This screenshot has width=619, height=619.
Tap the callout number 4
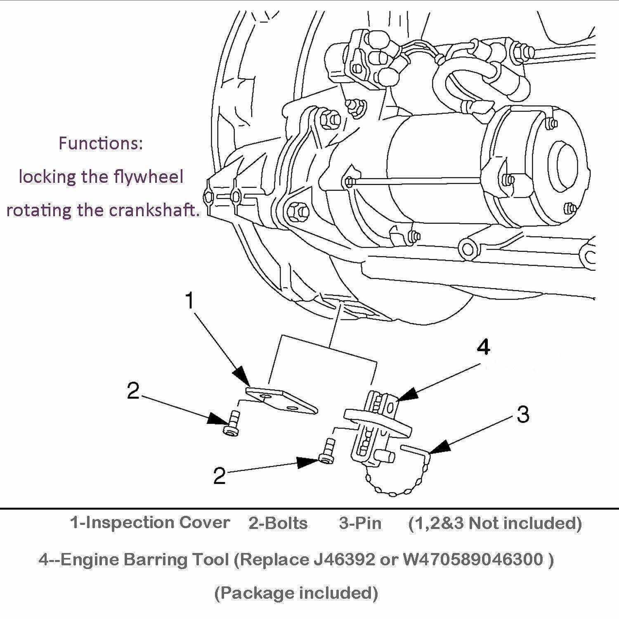click(483, 347)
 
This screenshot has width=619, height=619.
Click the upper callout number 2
click(133, 391)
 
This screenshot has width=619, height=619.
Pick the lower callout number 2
click(219, 476)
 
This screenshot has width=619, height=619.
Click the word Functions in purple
click(101, 143)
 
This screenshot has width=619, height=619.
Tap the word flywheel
click(149, 177)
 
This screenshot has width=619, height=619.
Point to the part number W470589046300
click(473, 560)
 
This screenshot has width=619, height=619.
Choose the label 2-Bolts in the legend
click(278, 523)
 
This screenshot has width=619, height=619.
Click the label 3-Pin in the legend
click(360, 523)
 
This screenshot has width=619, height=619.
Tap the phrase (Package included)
click(296, 593)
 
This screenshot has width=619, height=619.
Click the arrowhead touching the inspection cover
click(241, 376)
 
